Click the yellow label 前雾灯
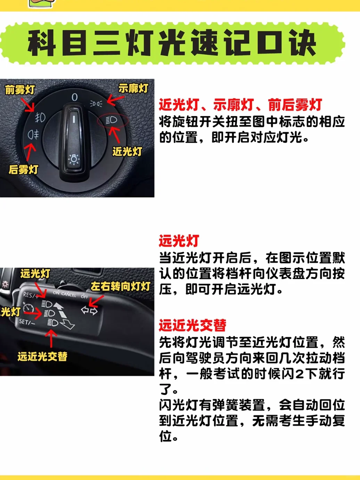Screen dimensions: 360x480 click(20, 90)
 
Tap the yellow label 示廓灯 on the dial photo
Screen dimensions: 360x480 click(133, 88)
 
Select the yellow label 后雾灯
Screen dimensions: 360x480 click(23, 170)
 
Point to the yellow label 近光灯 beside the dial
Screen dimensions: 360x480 click(127, 151)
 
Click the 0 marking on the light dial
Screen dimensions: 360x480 click(75, 97)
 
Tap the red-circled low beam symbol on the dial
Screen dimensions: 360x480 click(112, 120)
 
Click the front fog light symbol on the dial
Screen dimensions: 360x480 click(40, 117)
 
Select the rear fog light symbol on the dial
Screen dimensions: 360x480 click(33, 135)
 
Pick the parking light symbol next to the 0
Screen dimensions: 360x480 click(96, 104)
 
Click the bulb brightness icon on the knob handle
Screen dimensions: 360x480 click(74, 160)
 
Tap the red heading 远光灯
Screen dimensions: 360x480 click(179, 241)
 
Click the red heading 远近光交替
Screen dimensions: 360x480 click(193, 325)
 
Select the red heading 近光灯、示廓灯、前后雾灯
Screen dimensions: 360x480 click(240, 105)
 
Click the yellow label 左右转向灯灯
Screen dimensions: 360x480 click(121, 286)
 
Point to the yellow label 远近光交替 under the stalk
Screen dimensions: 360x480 click(42, 357)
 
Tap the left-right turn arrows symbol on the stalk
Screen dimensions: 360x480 click(89, 311)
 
